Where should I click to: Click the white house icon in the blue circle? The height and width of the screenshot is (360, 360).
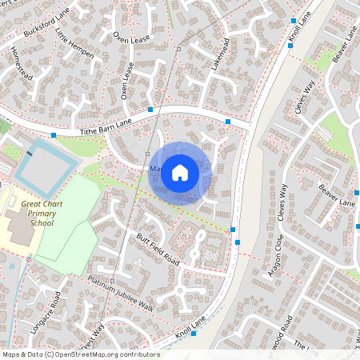tap(180, 172)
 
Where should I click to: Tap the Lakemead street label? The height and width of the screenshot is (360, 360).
tap(220, 54)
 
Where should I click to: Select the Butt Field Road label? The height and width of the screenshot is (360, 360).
tap(157, 250)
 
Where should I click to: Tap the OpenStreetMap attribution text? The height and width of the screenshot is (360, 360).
tap(81, 354)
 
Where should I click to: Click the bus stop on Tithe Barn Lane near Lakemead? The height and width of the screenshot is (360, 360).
tap(228, 122)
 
